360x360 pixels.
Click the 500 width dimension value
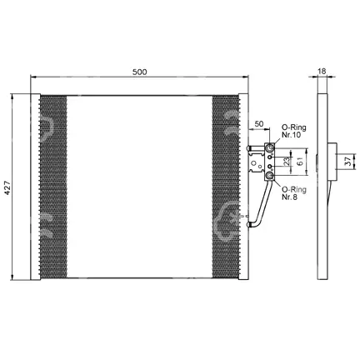(139, 72)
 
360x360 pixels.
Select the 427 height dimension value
(7, 187)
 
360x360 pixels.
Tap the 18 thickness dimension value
(322, 71)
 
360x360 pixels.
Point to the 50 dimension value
(259, 124)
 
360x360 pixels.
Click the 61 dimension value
(300, 162)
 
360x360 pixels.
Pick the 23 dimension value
(287, 162)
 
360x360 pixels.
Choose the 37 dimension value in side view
(347, 162)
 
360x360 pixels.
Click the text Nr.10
(291, 135)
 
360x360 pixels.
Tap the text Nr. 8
(289, 197)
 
